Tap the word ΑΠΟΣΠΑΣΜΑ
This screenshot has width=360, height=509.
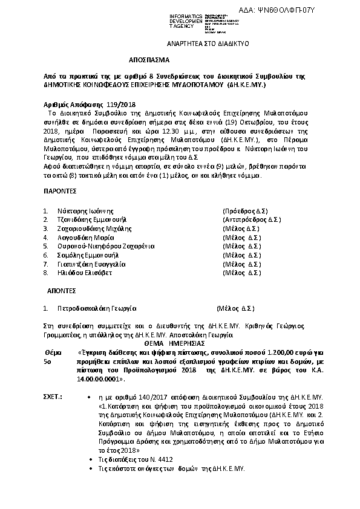(x=149, y=61)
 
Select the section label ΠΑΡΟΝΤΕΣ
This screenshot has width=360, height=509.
(x=60, y=190)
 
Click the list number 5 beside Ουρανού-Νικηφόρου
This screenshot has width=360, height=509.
(x=45, y=247)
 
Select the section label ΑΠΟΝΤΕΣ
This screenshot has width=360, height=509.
(x=58, y=290)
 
